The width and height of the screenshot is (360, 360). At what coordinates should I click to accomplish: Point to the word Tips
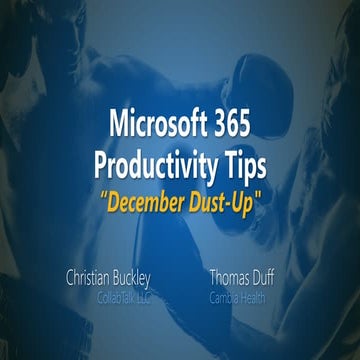[x=246, y=162]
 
